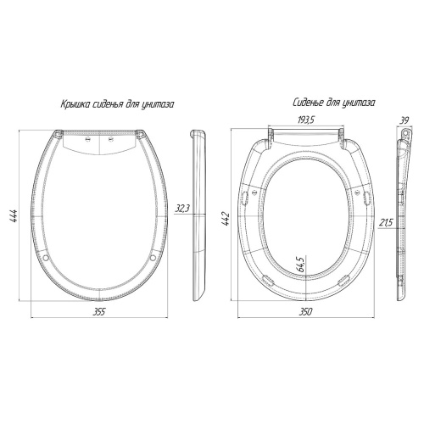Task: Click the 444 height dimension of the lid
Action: (14, 215)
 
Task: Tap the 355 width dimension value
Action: (99, 312)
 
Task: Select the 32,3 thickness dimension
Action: (183, 209)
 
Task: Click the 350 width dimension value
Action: (306, 312)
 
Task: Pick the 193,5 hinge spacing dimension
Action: (306, 120)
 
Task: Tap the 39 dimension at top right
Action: (404, 120)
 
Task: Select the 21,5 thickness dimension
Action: (386, 223)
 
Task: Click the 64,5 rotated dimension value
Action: (302, 265)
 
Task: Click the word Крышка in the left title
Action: (73, 104)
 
